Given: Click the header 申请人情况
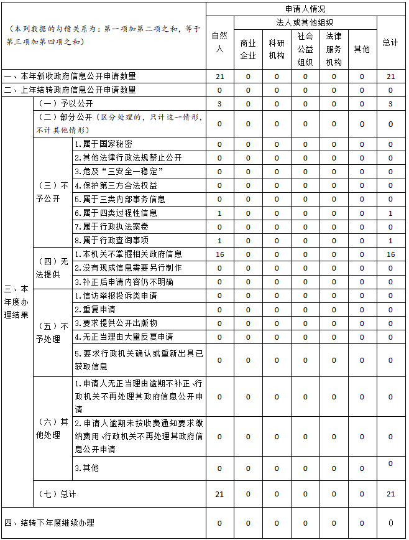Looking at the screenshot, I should click(305, 9).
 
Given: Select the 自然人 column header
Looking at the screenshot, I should click(219, 42).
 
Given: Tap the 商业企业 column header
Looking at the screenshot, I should click(248, 49).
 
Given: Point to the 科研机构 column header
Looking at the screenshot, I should click(277, 49).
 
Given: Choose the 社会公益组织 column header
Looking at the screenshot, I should click(305, 49).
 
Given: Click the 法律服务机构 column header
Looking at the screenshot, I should click(333, 49).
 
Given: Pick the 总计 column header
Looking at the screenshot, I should click(390, 42).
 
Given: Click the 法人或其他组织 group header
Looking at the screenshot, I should click(290, 22).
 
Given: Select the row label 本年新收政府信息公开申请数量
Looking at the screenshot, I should click(70, 77).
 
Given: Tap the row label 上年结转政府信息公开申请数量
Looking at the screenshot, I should click(70, 90).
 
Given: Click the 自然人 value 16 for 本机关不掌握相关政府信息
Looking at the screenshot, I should click(219, 254).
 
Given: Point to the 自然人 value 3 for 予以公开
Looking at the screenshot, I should click(219, 104).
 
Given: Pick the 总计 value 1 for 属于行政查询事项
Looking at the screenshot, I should click(390, 241).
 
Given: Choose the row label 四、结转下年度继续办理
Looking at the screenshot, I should click(50, 523).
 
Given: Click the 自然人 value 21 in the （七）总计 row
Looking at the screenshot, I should click(219, 494).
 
